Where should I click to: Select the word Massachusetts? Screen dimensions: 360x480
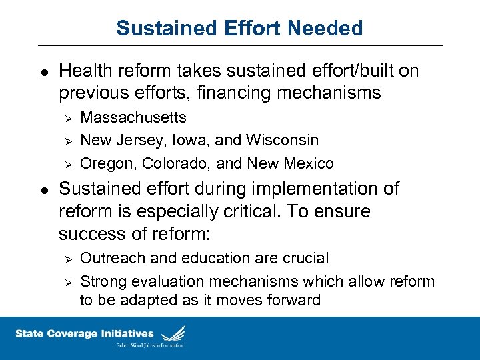(x=133, y=118)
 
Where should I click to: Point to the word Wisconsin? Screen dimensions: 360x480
(x=282, y=141)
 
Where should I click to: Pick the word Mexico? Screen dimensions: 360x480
(x=309, y=163)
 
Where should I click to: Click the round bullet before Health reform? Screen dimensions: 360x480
(x=43, y=71)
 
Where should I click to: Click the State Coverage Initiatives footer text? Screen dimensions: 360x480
(x=84, y=334)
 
